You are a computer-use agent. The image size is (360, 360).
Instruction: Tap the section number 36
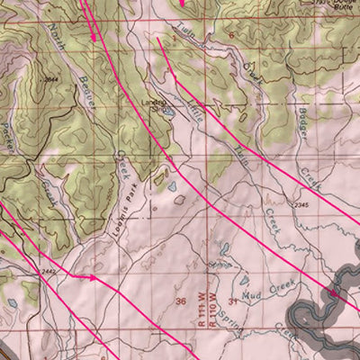pos(181,301)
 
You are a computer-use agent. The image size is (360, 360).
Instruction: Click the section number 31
pos(233,301)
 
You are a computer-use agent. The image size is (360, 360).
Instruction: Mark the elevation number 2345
pos(301,205)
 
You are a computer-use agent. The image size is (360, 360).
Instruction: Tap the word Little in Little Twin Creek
pos(196,110)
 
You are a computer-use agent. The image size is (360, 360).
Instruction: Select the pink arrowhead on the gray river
pos(332,292)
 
